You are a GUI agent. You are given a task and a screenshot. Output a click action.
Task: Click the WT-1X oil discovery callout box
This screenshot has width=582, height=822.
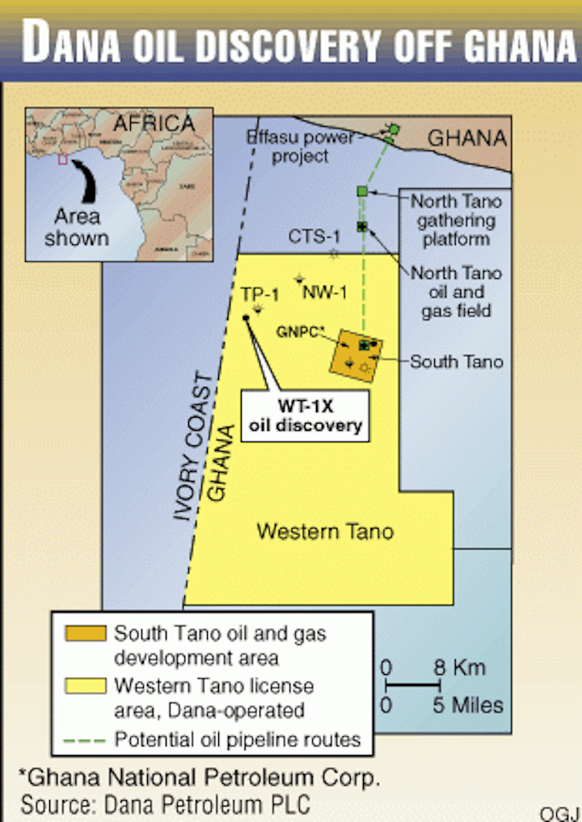306,415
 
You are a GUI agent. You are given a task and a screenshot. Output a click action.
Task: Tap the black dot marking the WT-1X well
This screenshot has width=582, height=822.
246,318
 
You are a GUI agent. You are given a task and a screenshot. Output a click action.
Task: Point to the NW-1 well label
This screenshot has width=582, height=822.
324,292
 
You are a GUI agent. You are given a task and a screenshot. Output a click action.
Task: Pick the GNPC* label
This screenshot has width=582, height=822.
300,331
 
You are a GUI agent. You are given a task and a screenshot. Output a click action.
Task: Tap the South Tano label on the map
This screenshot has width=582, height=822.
456,361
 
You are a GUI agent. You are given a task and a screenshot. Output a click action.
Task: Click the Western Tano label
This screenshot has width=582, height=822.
325,531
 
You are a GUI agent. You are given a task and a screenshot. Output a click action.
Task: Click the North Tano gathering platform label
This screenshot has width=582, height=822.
456,220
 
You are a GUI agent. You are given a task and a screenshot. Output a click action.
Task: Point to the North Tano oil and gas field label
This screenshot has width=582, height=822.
456,292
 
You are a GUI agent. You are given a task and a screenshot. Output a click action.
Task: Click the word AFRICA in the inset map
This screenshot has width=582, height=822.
154,123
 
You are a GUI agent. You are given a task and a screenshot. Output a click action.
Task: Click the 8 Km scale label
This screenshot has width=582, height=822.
459,668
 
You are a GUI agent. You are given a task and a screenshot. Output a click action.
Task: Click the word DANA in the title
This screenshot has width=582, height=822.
77,42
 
